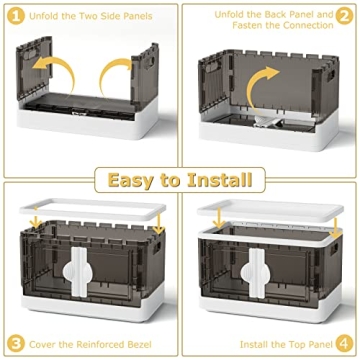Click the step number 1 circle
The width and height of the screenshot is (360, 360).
coord(16,16)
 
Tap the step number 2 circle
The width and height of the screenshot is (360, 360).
coord(344,16)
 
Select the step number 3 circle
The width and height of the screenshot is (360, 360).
coord(16,344)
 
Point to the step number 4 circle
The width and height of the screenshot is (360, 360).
coord(344,344)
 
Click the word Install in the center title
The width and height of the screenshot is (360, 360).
coord(219,180)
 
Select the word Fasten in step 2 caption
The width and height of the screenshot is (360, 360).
coord(247,25)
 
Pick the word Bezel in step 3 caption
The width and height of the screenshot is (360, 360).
coord(139,344)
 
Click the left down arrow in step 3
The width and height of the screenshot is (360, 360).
coord(35,221)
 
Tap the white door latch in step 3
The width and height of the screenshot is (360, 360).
coord(79,272)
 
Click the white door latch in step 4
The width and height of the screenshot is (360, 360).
coord(257,272)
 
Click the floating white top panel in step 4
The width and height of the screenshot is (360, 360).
coord(270,210)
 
